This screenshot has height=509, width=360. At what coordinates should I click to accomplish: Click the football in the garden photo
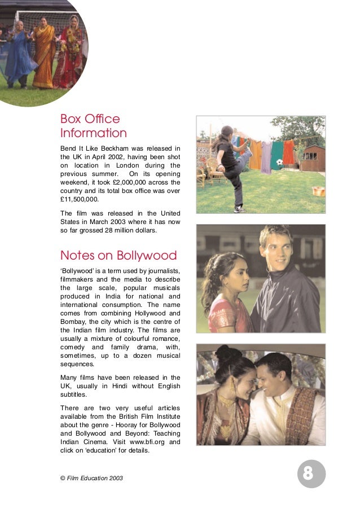pyautogui.click(x=279, y=162)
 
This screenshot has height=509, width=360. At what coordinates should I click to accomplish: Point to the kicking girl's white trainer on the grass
pyautogui.click(x=240, y=209)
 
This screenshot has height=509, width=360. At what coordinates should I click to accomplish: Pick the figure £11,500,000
pyautogui.click(x=79, y=199)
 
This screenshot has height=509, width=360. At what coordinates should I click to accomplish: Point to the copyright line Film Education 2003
pyautogui.click(x=94, y=478)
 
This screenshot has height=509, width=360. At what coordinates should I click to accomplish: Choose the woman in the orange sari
pyautogui.click(x=43, y=54)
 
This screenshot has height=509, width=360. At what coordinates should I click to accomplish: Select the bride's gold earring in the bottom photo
pyautogui.click(x=232, y=384)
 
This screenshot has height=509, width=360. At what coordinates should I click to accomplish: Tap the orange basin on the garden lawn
pyautogui.click(x=318, y=191)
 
